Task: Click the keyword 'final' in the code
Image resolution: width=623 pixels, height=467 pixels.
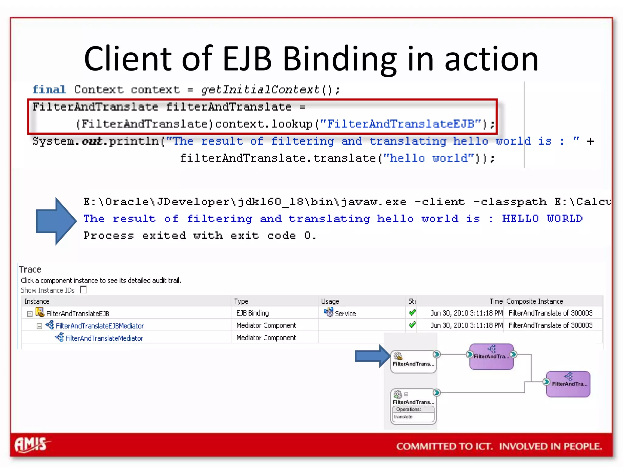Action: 49,90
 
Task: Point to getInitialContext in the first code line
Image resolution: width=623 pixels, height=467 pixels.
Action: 260,90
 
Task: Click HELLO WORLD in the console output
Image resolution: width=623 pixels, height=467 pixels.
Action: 542,219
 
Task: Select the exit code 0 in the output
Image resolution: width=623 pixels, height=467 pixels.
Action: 308,235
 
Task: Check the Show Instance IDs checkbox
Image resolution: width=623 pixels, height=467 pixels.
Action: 83,290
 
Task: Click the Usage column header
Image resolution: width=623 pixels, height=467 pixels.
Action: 330,301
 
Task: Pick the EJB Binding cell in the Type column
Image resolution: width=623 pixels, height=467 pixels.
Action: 252,313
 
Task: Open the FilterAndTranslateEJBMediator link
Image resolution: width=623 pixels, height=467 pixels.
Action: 99,326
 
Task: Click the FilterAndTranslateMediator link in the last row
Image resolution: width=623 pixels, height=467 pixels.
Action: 104,338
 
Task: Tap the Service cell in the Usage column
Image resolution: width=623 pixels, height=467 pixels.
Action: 345,313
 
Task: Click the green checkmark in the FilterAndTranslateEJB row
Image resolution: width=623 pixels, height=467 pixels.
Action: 412,313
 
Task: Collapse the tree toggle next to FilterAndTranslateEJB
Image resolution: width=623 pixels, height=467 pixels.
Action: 30,314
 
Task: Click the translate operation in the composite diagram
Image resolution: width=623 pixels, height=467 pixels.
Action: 403,417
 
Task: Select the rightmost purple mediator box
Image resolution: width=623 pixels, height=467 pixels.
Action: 568,384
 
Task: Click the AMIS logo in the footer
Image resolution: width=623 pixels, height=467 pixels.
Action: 32,445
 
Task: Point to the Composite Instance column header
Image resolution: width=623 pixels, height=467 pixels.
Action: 534,301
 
